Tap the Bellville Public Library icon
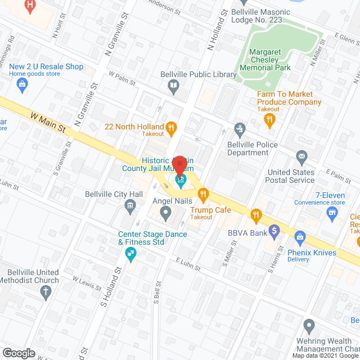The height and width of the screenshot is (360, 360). point(174,86)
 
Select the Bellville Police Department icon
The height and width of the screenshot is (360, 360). point(240,129)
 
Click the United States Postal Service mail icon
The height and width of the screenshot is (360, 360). point(301,156)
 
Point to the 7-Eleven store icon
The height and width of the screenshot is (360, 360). point(332,212)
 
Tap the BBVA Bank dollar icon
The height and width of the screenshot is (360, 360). point(274,230)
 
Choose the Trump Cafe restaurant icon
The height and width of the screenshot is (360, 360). point(203,195)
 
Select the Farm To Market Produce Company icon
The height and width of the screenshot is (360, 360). point(270,118)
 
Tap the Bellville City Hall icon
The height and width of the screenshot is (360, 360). point(130,208)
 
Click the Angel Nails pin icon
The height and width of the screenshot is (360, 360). point(165,213)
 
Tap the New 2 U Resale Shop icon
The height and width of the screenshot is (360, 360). point(22,85)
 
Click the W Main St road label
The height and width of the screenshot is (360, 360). point(49,122)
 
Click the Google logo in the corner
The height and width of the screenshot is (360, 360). point(19,353)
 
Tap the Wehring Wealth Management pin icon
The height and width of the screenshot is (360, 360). point(308,325)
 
